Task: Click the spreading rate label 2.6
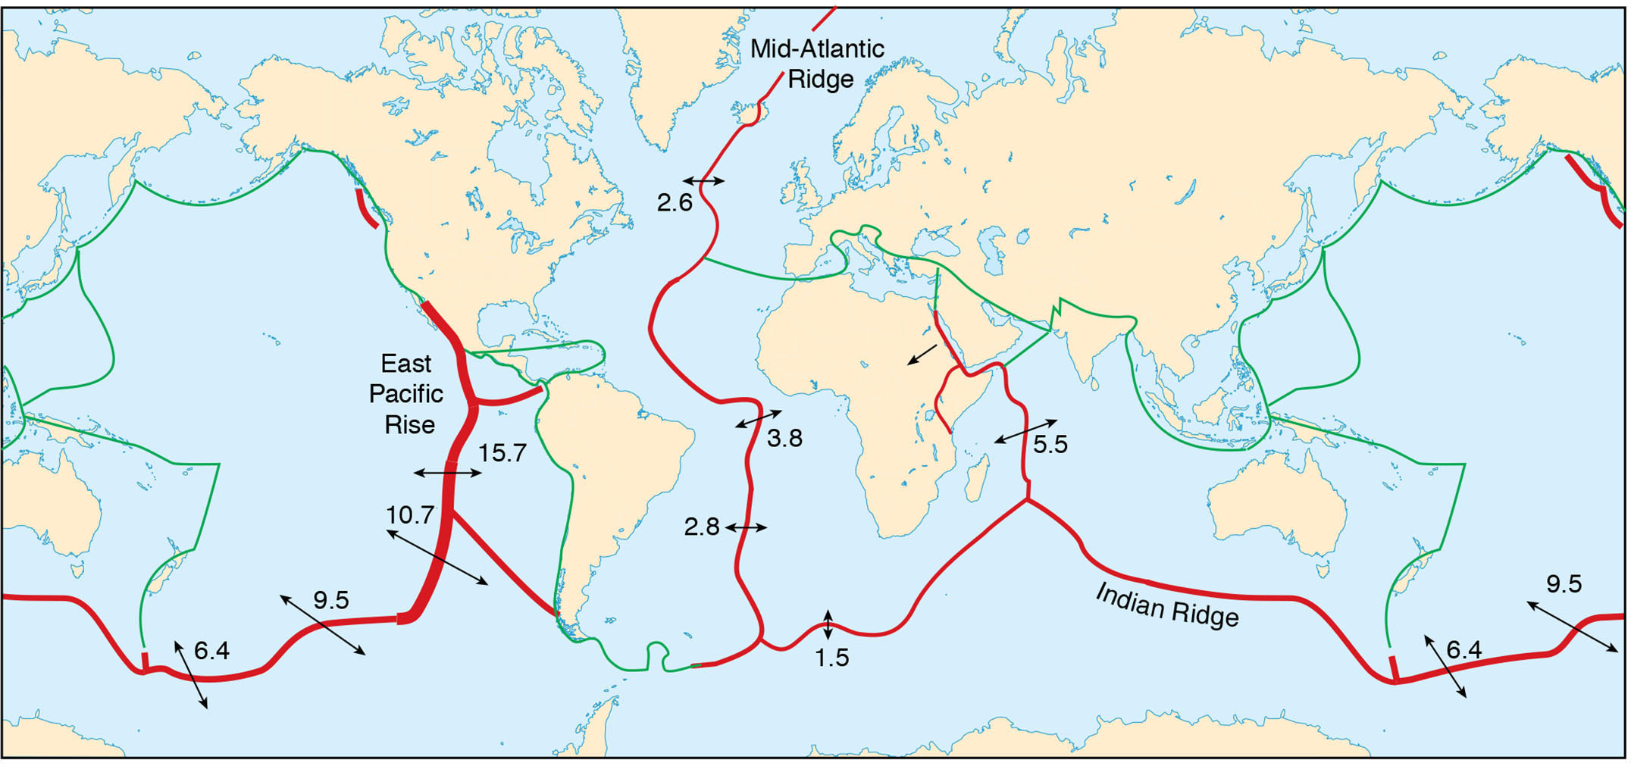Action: pyautogui.click(x=675, y=203)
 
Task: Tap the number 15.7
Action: pyautogui.click(x=502, y=453)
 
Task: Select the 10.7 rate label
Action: pyautogui.click(x=409, y=515)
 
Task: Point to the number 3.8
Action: pyautogui.click(x=784, y=438)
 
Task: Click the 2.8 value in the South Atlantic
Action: pyautogui.click(x=701, y=527)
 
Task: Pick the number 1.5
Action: pyautogui.click(x=831, y=658)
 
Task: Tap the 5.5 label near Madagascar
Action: pyautogui.click(x=1050, y=444)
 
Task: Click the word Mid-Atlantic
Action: pyautogui.click(x=817, y=49)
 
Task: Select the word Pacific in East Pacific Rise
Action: pyautogui.click(x=406, y=394)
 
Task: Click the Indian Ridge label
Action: pyautogui.click(x=1167, y=606)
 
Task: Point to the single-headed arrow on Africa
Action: pyautogui.click(x=922, y=355)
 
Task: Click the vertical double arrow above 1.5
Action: pyautogui.click(x=828, y=625)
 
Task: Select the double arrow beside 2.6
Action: pyautogui.click(x=703, y=181)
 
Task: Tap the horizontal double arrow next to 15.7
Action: pyautogui.click(x=447, y=474)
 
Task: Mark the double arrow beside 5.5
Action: pyautogui.click(x=1025, y=430)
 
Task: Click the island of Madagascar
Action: pyautogui.click(x=978, y=477)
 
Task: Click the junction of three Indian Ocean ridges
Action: pyautogui.click(x=1028, y=500)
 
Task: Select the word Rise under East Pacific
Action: pyautogui.click(x=409, y=424)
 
